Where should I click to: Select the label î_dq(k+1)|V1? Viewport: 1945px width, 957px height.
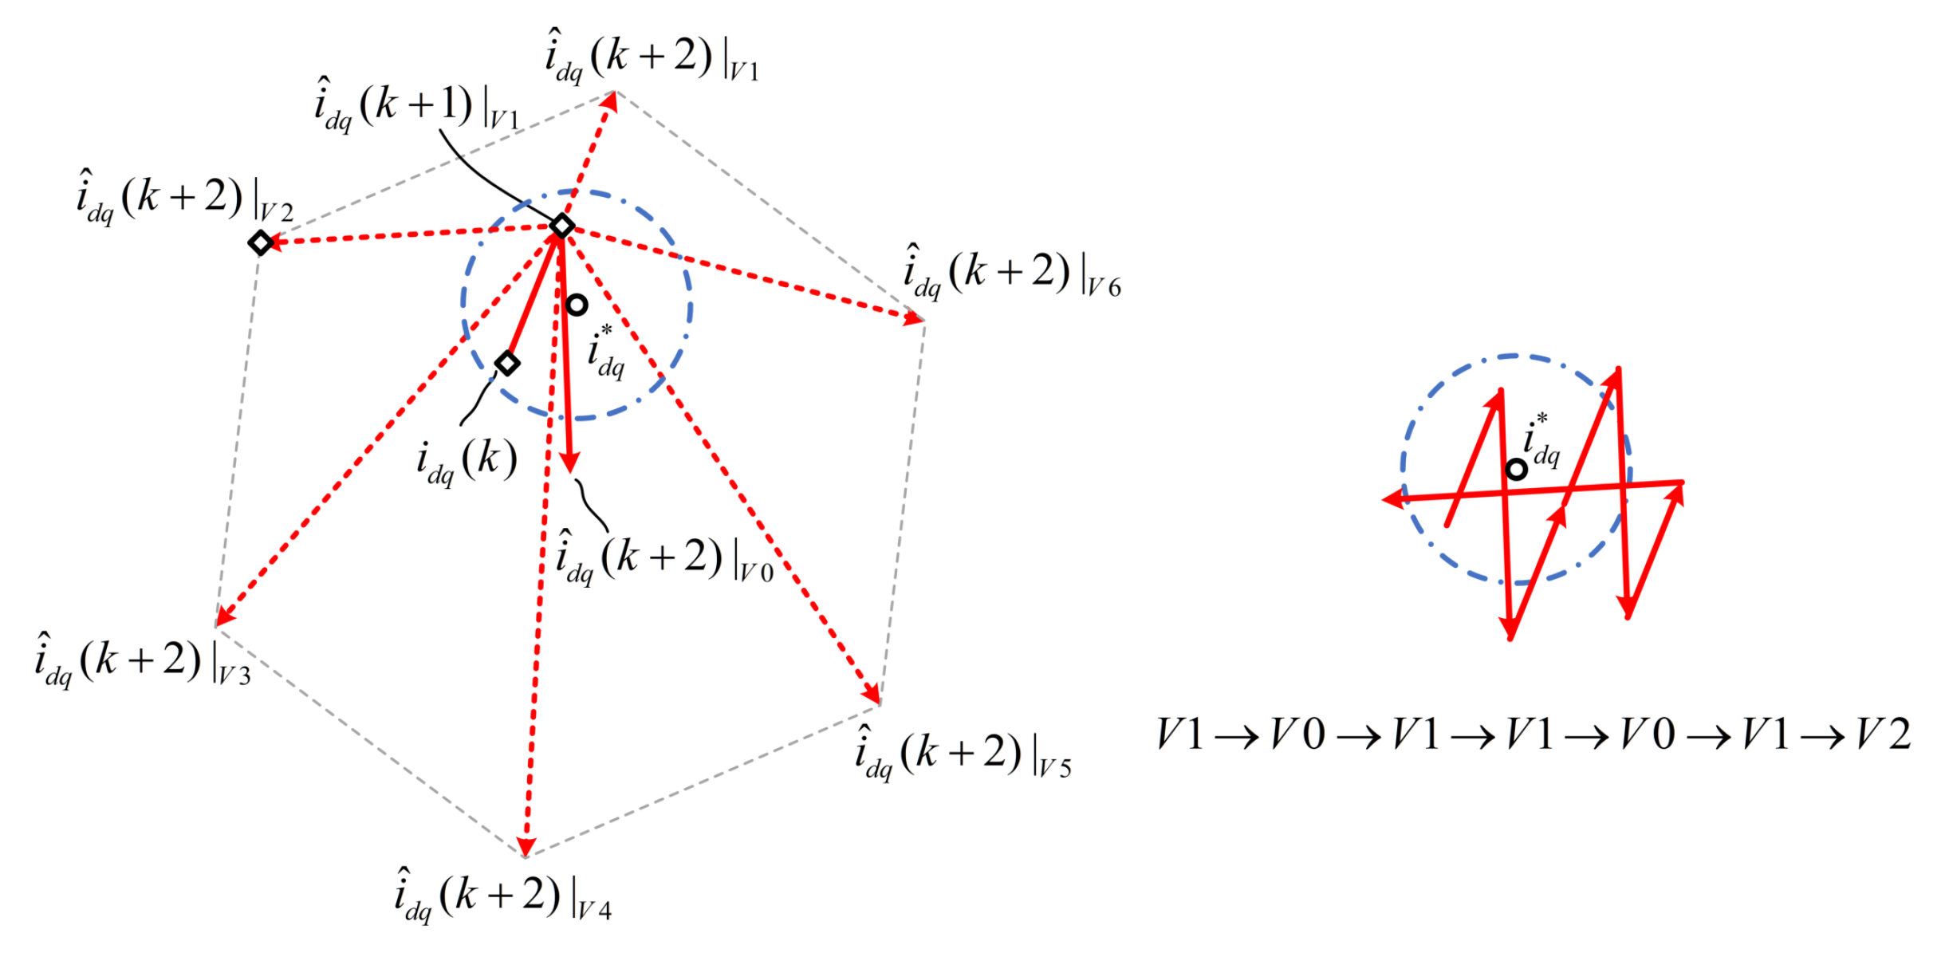click(x=416, y=106)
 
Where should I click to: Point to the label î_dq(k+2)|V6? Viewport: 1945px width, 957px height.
click(x=1011, y=274)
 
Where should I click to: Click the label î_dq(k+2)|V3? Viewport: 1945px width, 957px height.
click(x=142, y=661)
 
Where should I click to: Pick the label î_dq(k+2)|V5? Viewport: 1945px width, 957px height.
click(x=963, y=754)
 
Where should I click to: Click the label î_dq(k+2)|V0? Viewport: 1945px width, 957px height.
click(x=664, y=558)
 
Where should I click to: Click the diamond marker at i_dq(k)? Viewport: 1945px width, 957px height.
click(x=507, y=364)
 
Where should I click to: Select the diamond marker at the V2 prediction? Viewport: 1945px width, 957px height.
click(x=261, y=242)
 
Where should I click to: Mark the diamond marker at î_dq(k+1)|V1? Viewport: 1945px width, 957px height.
click(x=562, y=226)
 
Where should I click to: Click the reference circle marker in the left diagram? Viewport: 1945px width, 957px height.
click(x=577, y=305)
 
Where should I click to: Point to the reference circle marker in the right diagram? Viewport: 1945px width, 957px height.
click(x=1516, y=470)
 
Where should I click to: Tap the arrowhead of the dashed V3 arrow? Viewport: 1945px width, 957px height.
click(x=224, y=616)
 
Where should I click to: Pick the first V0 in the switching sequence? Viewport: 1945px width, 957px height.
click(x=1297, y=734)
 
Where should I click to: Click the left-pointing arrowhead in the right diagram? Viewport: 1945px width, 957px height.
click(x=1392, y=499)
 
